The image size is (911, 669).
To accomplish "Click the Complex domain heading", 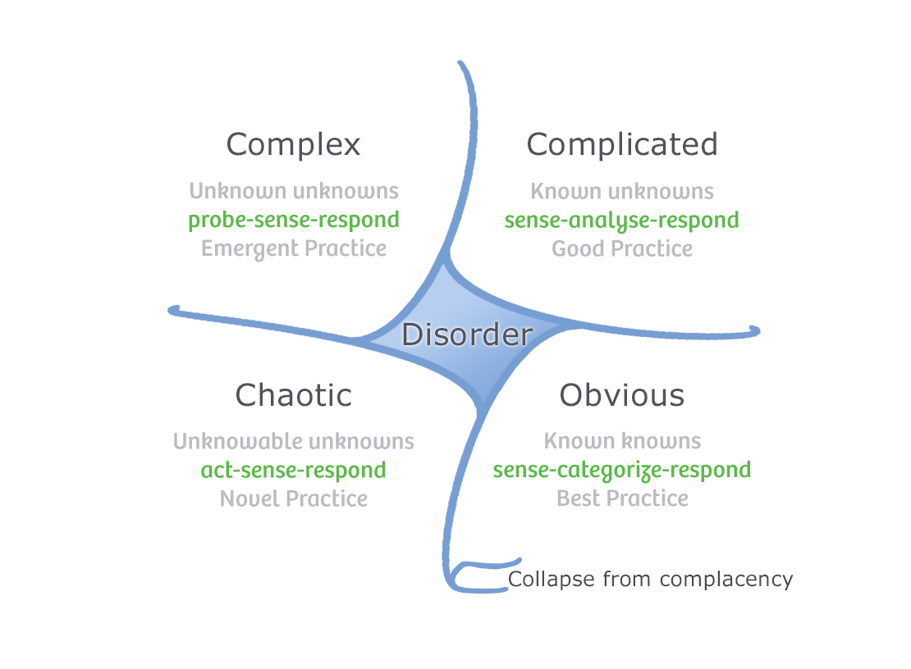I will [x=293, y=145].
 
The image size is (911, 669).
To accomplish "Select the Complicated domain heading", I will [x=622, y=145].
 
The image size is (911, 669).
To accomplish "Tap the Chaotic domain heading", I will [x=293, y=395].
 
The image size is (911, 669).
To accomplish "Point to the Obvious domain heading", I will [x=622, y=395].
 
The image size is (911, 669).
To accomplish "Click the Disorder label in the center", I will [x=467, y=335].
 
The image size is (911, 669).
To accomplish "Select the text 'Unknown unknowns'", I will [x=293, y=192].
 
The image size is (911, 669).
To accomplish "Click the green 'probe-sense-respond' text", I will [x=293, y=221].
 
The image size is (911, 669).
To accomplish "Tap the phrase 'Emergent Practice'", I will [x=293, y=248].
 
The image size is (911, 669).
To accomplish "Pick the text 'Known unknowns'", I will [x=622, y=192].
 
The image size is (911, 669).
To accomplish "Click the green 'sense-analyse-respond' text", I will [x=622, y=221].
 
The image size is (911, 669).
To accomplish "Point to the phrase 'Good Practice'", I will [x=622, y=248].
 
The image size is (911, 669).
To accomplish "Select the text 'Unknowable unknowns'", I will [x=293, y=442].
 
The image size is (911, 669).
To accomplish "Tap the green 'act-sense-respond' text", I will [x=293, y=471].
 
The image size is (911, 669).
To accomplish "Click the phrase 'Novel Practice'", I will [x=293, y=498].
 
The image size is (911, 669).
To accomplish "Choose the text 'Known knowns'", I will [x=622, y=442].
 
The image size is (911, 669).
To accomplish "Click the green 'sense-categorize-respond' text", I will [x=622, y=471].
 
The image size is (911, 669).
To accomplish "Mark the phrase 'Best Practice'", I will [x=622, y=498].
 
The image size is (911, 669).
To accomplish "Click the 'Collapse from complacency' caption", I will [x=650, y=580].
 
